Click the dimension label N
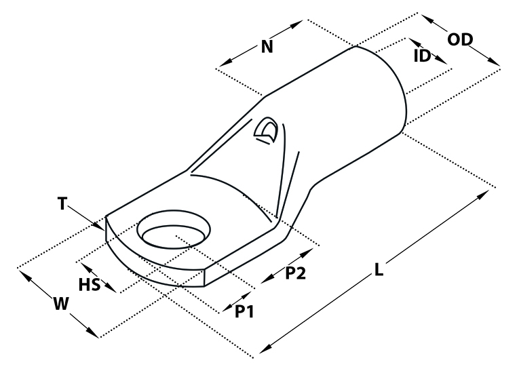[267, 47]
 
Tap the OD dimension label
[460, 39]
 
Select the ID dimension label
[422, 56]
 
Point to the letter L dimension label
[379, 269]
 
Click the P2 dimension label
[295, 273]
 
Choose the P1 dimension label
[244, 311]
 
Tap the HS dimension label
[90, 284]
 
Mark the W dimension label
[61, 304]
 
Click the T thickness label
[62, 203]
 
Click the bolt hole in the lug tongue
[174, 230]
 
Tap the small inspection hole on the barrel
[267, 130]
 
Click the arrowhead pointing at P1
[227, 308]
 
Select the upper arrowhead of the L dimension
[482, 195]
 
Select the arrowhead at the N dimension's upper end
[296, 24]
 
